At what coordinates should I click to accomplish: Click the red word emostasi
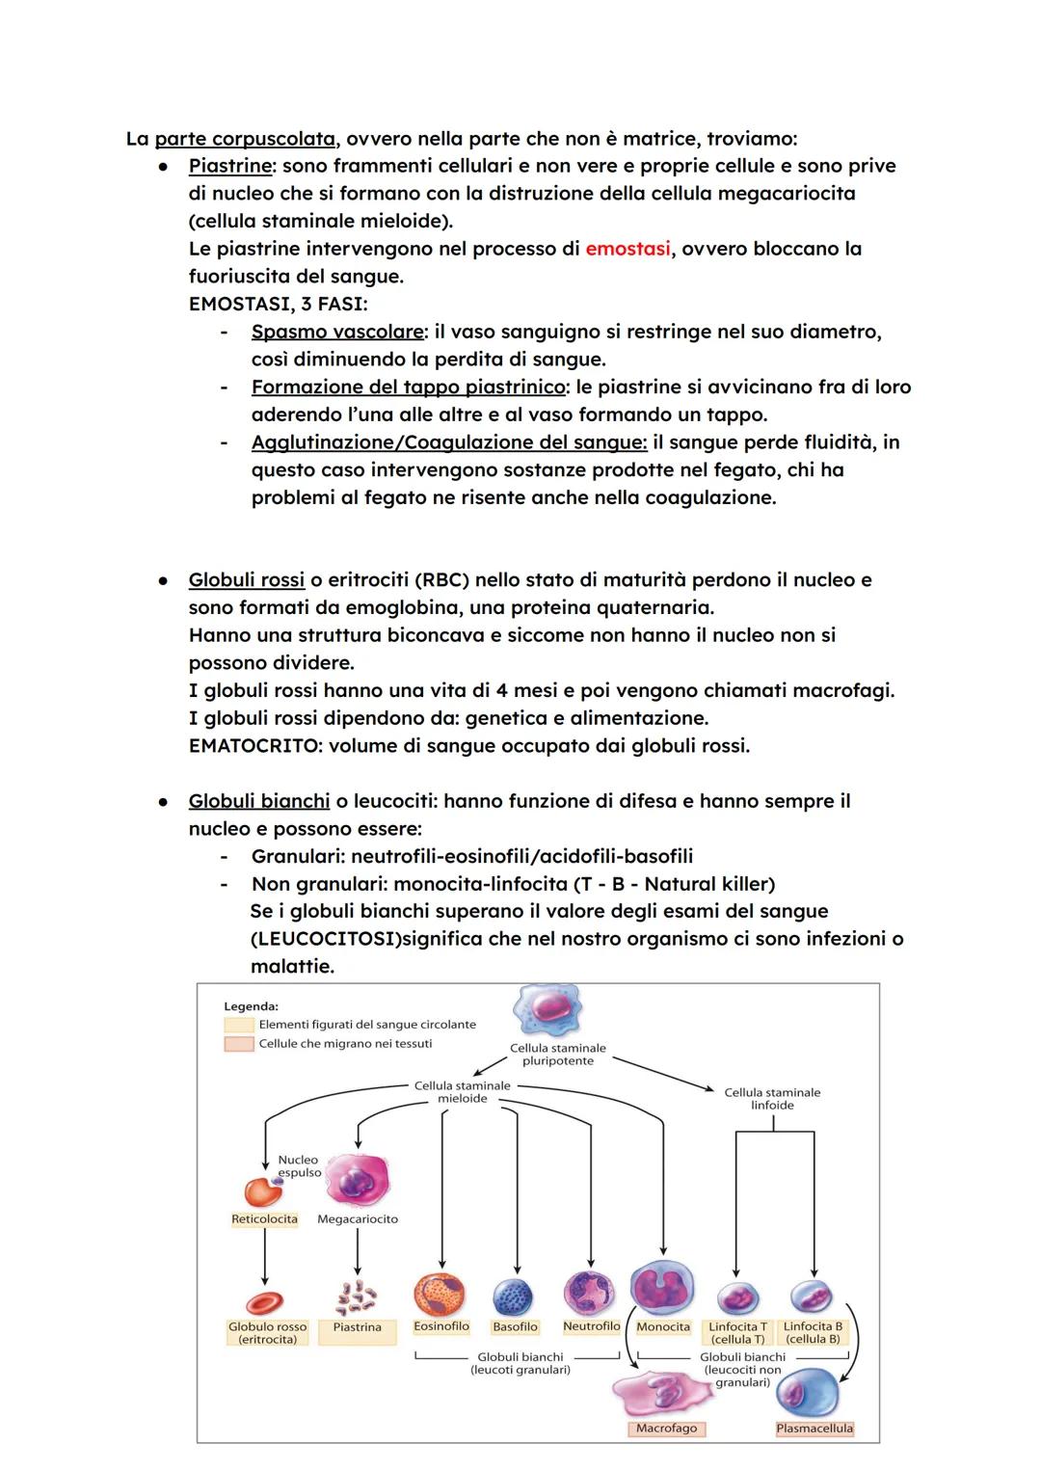(627, 249)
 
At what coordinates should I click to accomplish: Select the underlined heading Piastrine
(230, 166)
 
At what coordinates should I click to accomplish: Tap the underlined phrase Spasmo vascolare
(337, 332)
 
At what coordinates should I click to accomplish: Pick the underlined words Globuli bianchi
(259, 801)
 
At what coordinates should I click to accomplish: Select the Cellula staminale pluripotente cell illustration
(547, 1009)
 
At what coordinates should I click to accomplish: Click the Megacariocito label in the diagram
(358, 1219)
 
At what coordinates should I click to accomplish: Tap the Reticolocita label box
(264, 1219)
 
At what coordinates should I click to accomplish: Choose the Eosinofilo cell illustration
(440, 1294)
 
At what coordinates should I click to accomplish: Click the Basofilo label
(515, 1327)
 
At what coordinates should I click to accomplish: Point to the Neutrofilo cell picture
(589, 1293)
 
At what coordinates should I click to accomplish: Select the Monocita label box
(663, 1327)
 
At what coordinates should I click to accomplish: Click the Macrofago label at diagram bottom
(666, 1429)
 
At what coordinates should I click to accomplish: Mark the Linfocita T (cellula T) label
(737, 1333)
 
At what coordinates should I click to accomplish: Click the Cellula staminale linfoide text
(772, 1099)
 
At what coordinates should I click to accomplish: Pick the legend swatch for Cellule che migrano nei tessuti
(238, 1044)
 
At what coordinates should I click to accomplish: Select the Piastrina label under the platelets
(357, 1327)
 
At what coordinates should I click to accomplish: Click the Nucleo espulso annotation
(299, 1166)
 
